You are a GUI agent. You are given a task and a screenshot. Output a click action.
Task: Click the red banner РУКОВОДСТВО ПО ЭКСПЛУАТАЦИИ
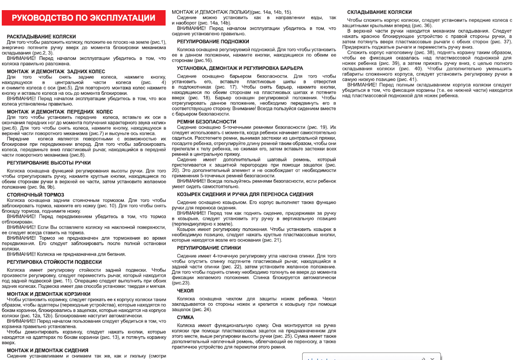(83, 18)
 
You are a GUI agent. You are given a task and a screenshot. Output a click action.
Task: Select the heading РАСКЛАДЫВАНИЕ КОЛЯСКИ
(41, 37)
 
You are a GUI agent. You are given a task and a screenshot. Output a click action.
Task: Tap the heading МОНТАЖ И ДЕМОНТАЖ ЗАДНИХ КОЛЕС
(56, 71)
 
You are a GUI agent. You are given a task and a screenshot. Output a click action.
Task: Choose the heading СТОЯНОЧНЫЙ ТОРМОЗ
(36, 194)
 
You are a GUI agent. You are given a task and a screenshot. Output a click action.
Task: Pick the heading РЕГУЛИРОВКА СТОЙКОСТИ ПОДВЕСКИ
(54, 262)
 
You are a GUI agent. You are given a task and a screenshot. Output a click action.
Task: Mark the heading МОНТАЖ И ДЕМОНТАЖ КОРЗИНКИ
(49, 293)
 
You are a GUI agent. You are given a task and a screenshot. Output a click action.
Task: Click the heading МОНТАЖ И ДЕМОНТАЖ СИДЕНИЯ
(48, 350)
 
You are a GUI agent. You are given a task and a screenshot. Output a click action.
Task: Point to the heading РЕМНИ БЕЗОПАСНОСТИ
(207, 121)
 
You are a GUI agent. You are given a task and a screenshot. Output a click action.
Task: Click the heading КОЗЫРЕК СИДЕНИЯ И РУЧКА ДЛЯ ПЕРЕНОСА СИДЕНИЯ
(245, 194)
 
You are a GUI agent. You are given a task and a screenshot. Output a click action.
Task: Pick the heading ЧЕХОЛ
(185, 290)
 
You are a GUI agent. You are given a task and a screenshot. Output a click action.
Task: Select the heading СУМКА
(185, 317)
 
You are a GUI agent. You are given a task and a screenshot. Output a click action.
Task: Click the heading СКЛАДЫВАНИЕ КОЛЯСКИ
(379, 12)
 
